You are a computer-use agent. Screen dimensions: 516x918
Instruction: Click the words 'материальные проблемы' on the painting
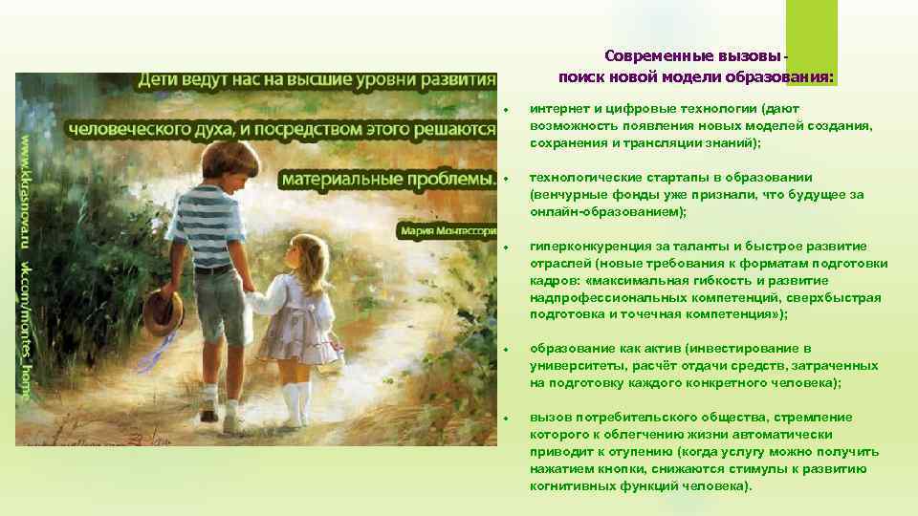click(x=388, y=179)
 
